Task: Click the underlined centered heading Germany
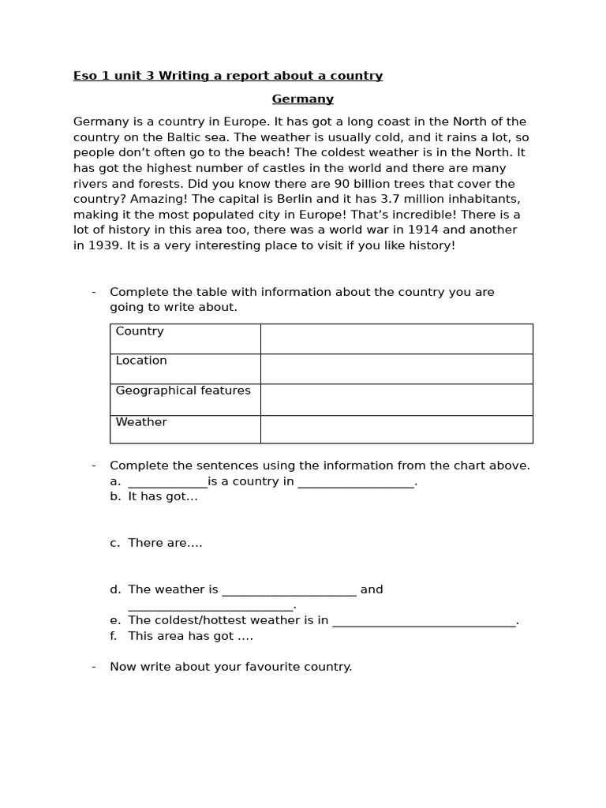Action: [302, 99]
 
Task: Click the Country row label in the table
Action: [140, 331]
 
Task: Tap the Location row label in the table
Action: [141, 361]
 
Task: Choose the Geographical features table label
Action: [183, 391]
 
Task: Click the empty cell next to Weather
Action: [396, 429]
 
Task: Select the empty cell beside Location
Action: [396, 368]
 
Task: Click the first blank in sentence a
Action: [167, 482]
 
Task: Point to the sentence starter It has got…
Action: [163, 496]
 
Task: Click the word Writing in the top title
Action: [183, 76]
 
